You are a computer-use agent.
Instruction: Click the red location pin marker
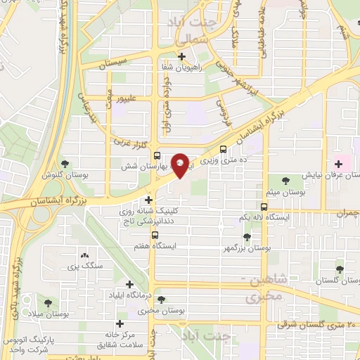(x=181, y=165)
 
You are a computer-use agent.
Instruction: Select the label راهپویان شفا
(x=181, y=67)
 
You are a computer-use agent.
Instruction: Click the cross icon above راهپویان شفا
(x=182, y=56)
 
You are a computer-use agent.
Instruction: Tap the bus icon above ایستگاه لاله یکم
(x=264, y=207)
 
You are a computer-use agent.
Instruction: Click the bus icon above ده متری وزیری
(x=224, y=150)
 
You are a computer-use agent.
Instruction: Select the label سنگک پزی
(x=86, y=266)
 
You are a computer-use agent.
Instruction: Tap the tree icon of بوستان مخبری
(x=162, y=299)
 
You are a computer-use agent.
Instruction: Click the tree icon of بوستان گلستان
(x=340, y=269)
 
